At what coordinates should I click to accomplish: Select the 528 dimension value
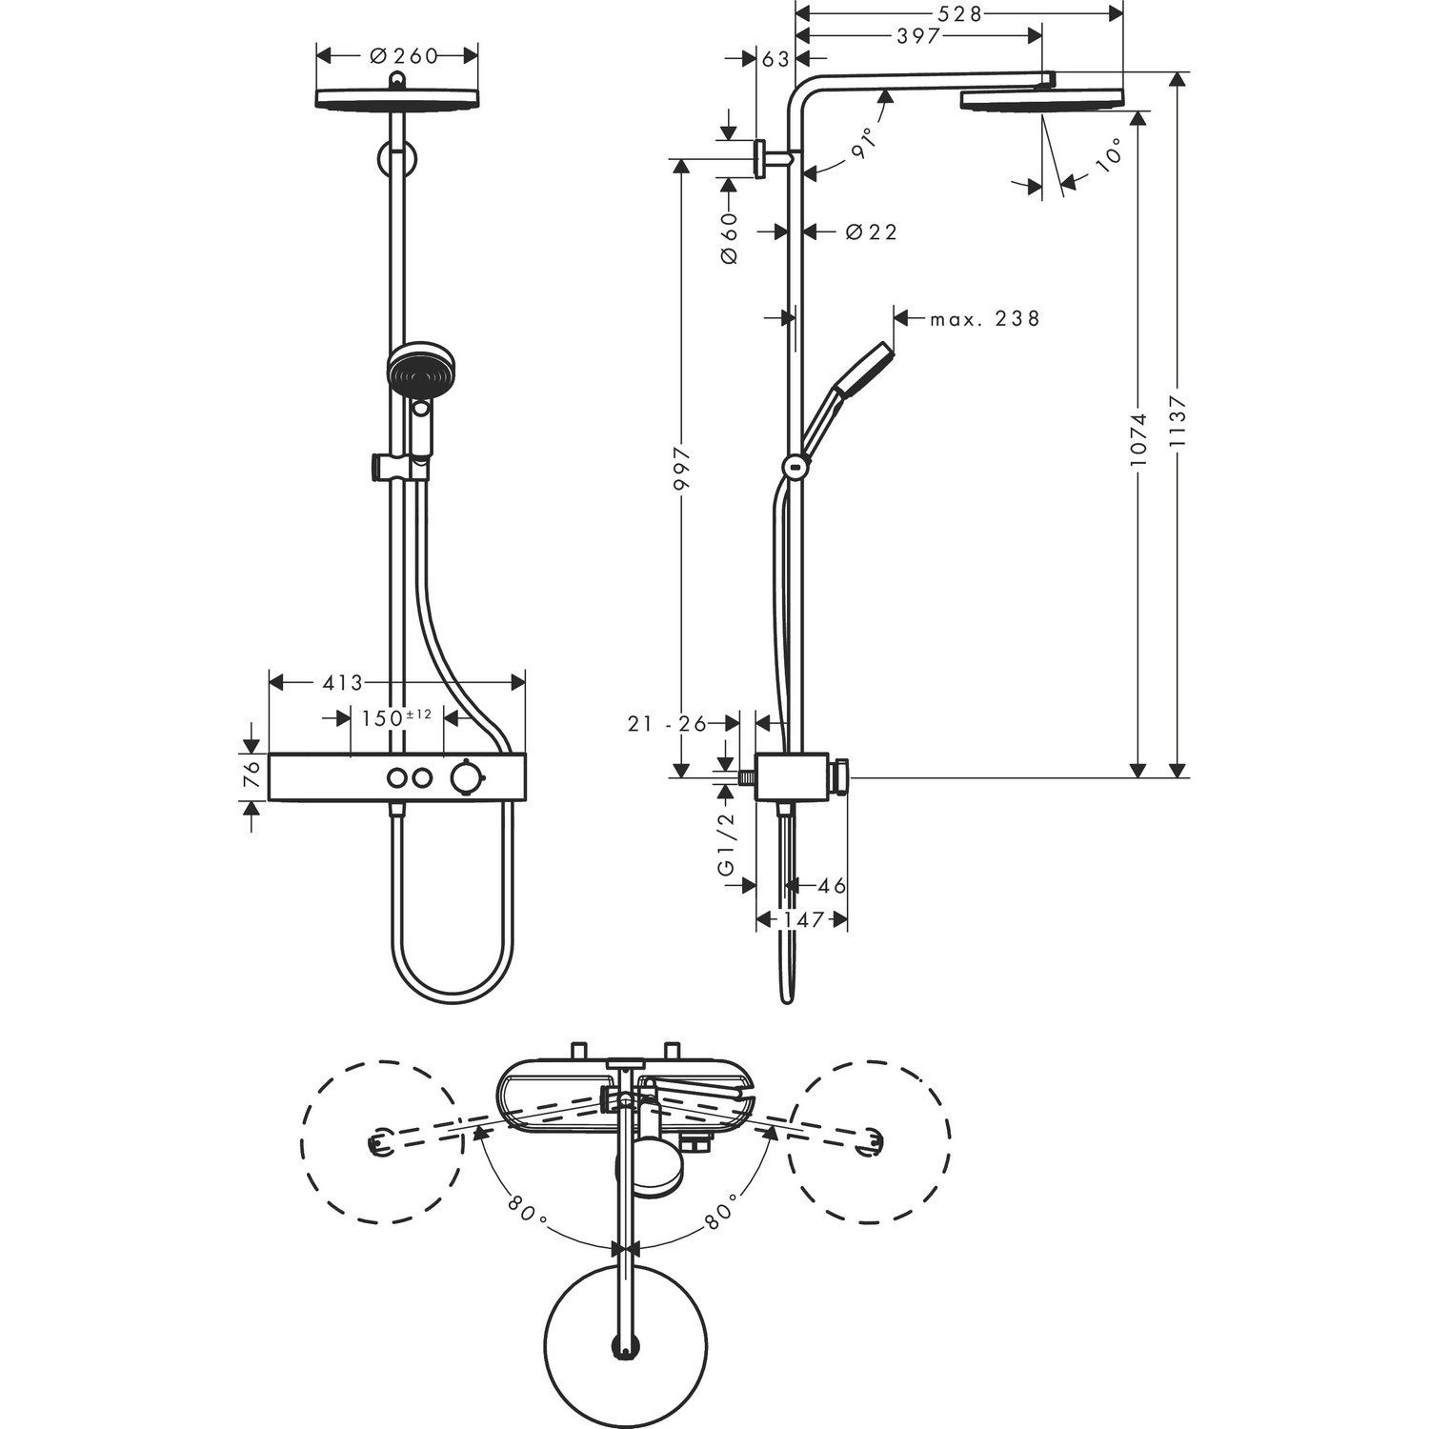coord(959,13)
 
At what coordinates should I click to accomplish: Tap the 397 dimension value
coord(918,36)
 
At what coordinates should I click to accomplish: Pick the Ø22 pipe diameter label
coord(871,231)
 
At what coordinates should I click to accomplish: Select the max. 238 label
coord(985,319)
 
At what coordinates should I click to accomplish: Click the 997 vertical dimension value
coord(680,469)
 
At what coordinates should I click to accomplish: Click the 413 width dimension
coord(343,683)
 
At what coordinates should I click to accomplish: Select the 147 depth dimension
coord(803,920)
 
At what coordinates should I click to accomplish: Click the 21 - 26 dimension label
coord(667,724)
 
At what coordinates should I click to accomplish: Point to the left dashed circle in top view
coord(382,1141)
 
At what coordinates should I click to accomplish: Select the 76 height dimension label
coord(252,774)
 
